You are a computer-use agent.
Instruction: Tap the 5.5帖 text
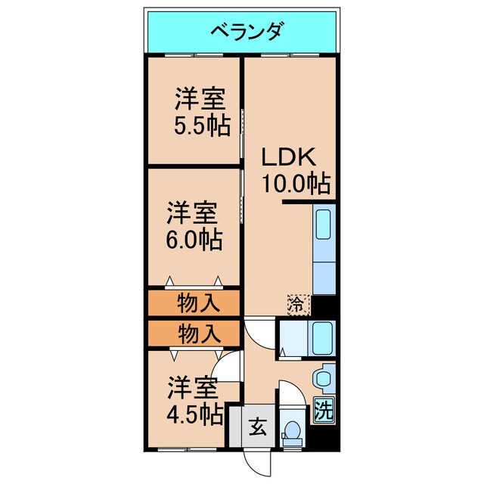[202, 126]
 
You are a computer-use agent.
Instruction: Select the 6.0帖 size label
[194, 240]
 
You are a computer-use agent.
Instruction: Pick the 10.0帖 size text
[296, 182]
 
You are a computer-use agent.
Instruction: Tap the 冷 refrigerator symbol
[297, 304]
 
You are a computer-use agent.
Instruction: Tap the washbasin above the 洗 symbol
[324, 376]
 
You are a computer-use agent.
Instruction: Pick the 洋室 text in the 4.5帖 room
[194, 389]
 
